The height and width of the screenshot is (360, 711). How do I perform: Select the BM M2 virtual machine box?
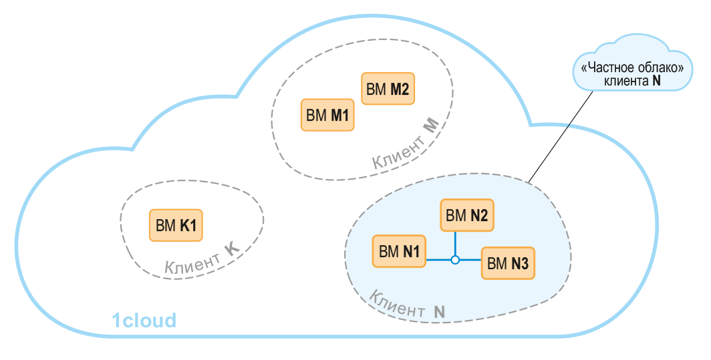tap(388, 89)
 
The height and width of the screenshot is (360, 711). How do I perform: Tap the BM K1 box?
tap(176, 225)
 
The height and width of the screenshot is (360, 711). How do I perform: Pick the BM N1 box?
tap(399, 251)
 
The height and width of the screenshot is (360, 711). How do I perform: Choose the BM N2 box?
tap(466, 215)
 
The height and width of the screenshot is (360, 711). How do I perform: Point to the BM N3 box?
tap(508, 263)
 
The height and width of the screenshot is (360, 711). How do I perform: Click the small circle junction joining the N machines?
tap(454, 259)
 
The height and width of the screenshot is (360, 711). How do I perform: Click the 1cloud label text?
tap(143, 321)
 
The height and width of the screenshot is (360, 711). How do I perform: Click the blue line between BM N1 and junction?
tap(438, 259)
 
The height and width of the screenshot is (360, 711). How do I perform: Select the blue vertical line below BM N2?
tap(454, 242)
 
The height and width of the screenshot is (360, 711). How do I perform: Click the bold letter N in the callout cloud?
tap(657, 81)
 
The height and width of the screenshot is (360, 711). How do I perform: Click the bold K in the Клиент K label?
tap(231, 250)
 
